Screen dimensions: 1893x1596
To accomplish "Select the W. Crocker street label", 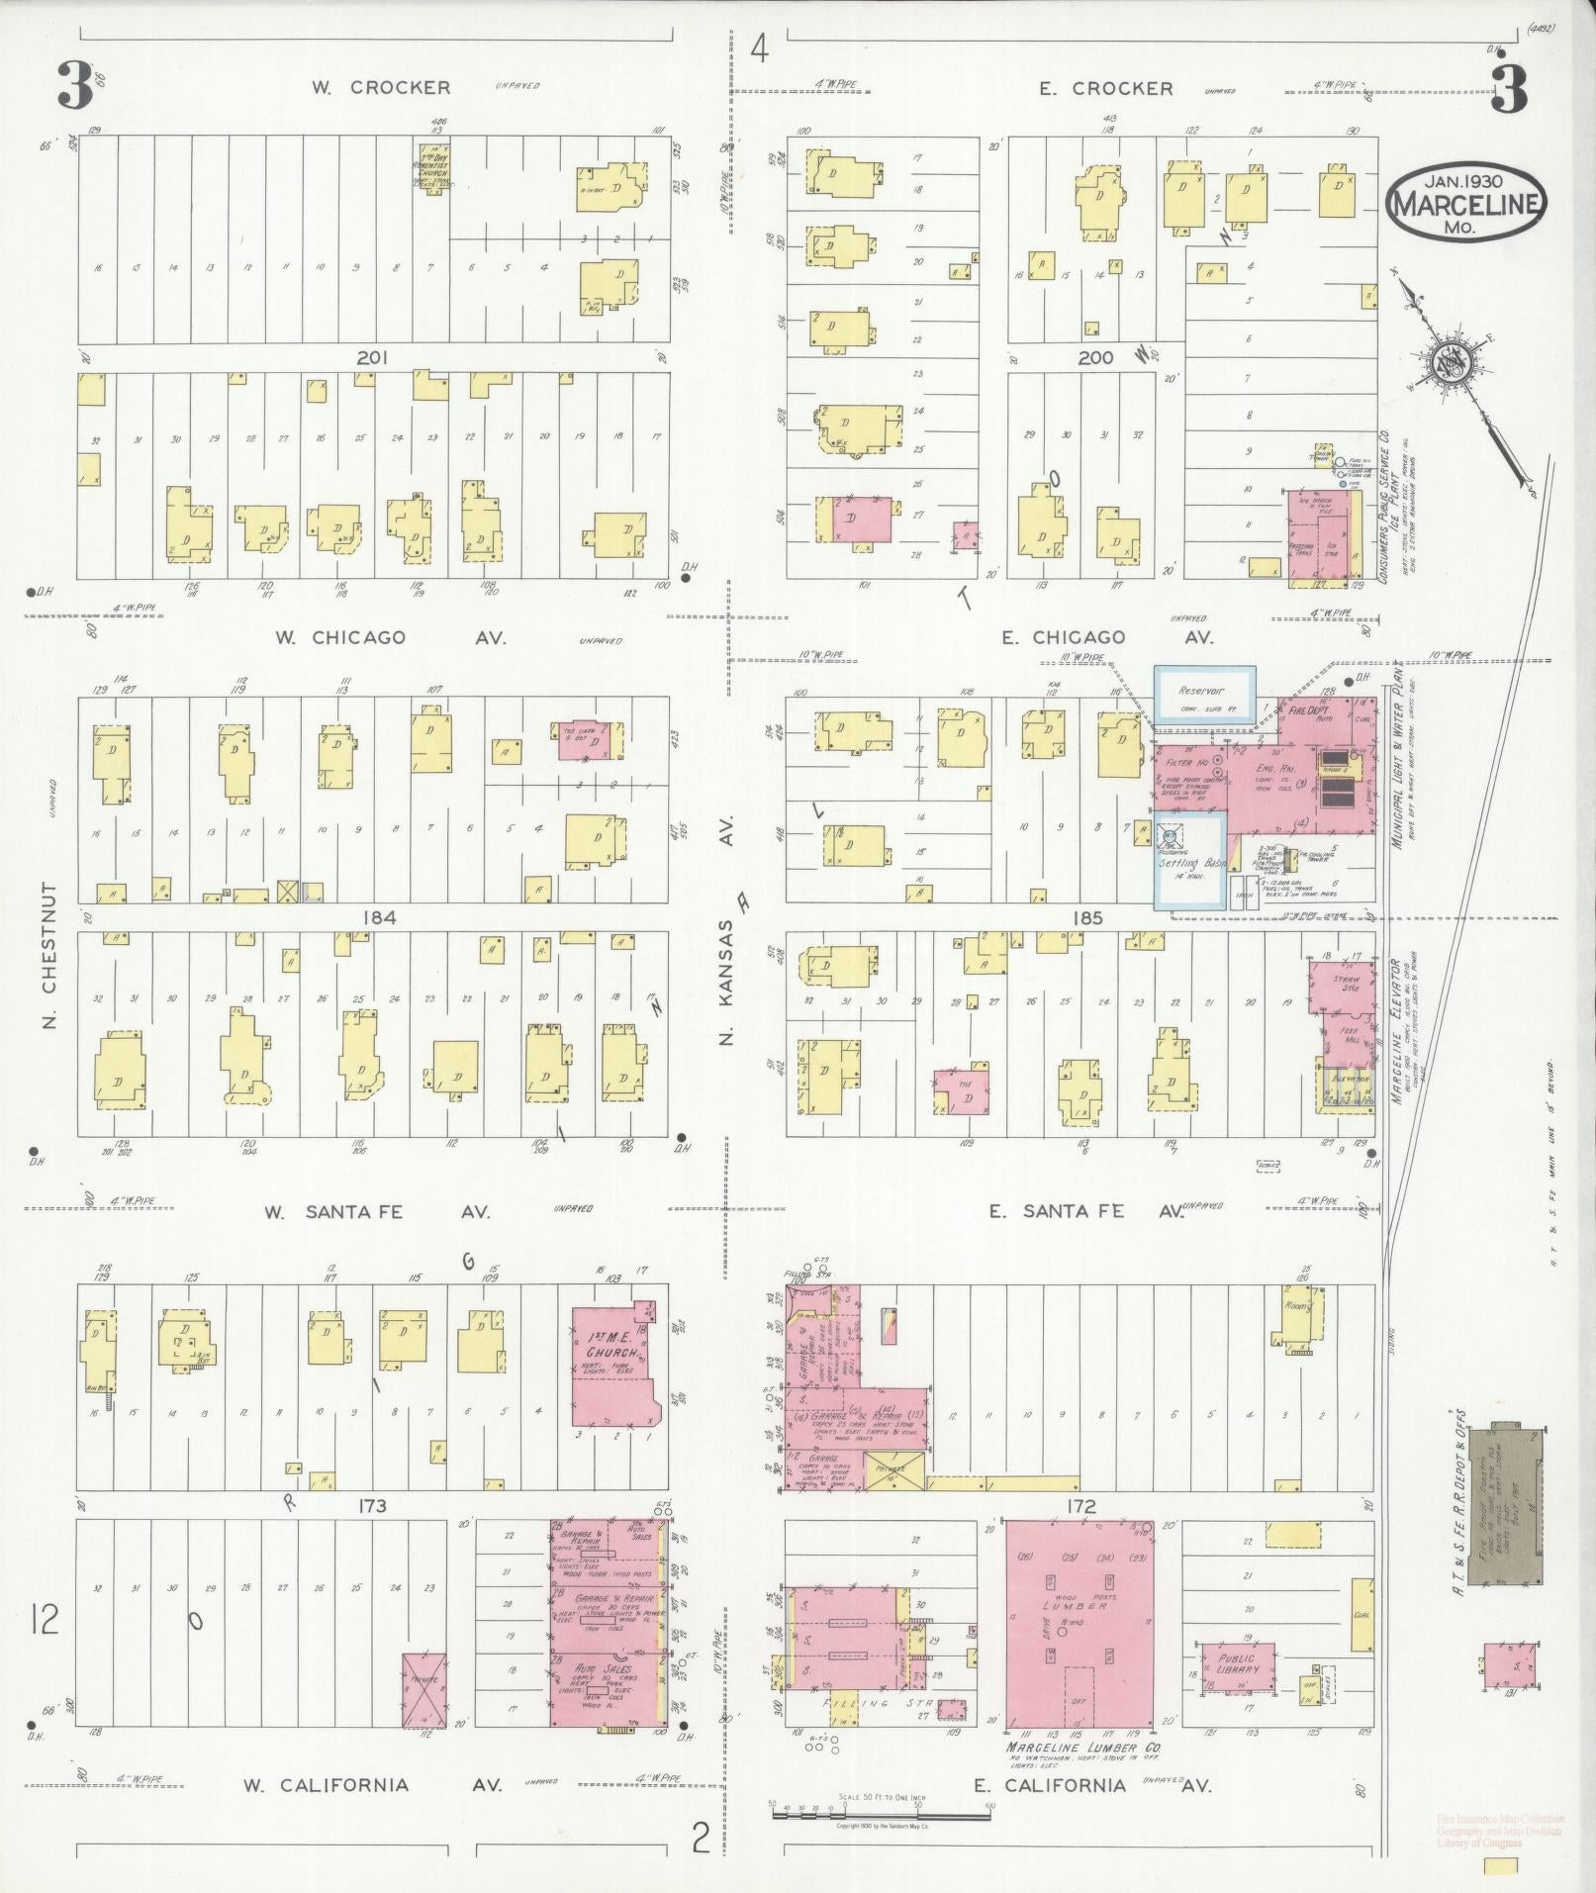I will click(381, 87).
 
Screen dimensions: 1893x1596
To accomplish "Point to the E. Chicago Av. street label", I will click(1106, 638).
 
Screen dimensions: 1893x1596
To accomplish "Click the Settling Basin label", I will click(1191, 864).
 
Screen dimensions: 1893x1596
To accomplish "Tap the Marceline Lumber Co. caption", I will click(1082, 1749).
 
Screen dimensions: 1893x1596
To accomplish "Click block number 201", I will click(372, 357).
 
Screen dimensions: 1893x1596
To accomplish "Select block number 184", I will click(379, 917).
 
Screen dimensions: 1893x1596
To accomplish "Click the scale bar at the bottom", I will click(881, 1815).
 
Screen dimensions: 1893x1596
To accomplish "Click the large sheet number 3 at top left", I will click(75, 88).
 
